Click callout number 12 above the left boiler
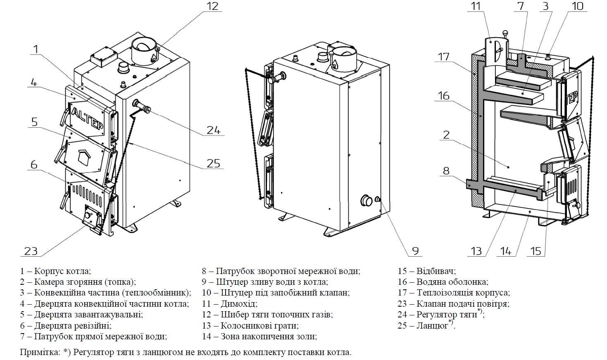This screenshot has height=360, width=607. click(x=212, y=7)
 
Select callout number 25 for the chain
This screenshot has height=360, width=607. click(x=213, y=163)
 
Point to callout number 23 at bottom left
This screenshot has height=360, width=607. click(x=31, y=250)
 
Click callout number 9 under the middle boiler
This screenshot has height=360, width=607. click(x=415, y=250)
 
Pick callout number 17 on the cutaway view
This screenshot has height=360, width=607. click(x=444, y=56)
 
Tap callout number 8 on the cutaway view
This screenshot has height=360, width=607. click(x=446, y=170)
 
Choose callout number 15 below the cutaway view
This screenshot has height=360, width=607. click(x=536, y=250)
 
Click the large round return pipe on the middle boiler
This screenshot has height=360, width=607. click(x=366, y=201)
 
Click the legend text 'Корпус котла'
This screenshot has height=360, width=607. click(x=62, y=272)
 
